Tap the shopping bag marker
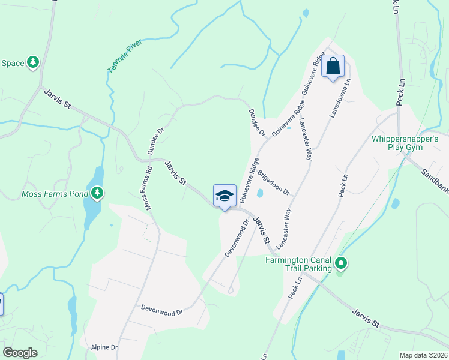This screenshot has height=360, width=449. [x=333, y=65]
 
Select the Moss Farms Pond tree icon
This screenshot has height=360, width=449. [x=97, y=193]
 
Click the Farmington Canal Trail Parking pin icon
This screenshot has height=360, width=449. [x=340, y=263]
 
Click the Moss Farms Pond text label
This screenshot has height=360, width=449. [x=54, y=194]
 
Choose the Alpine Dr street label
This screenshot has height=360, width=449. [x=104, y=347]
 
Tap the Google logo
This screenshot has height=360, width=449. [x=20, y=352]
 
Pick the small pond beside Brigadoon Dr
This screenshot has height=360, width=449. [x=260, y=193]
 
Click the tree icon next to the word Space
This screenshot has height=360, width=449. [x=33, y=62]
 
